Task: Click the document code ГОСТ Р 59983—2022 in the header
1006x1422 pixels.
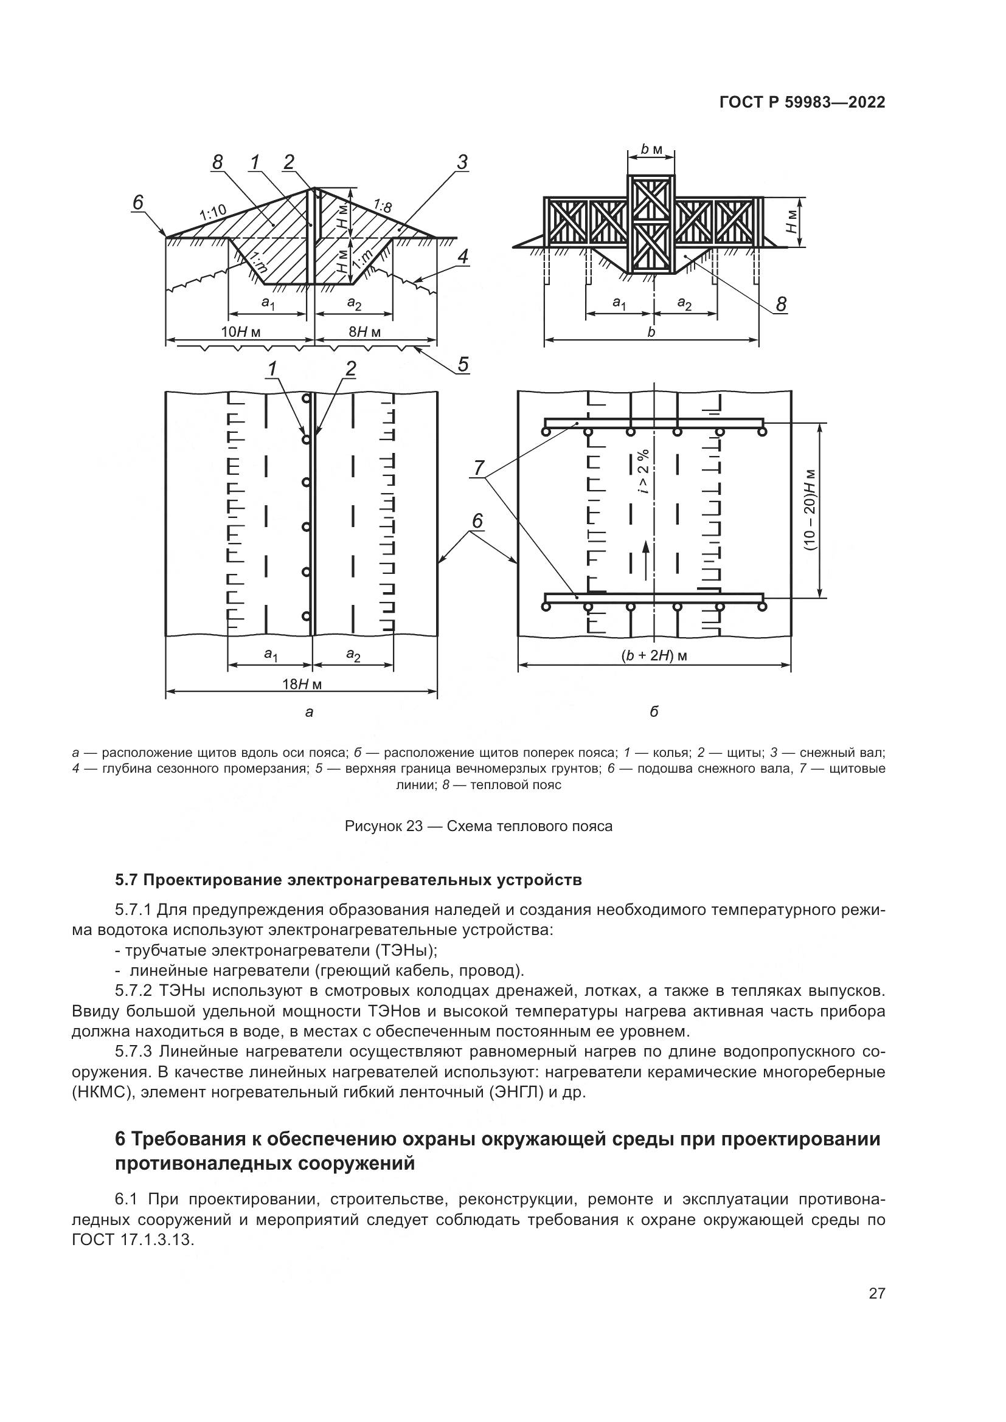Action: pyautogui.click(x=802, y=103)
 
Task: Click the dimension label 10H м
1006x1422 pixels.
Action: pyautogui.click(x=241, y=333)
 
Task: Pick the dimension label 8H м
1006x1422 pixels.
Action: pyautogui.click(x=364, y=333)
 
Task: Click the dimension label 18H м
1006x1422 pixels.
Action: pyautogui.click(x=302, y=685)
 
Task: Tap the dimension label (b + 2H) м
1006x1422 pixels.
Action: pyautogui.click(x=655, y=656)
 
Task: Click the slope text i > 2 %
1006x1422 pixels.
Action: pyautogui.click(x=644, y=471)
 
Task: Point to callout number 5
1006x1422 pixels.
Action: pyautogui.click(x=463, y=365)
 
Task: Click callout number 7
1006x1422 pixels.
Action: pyautogui.click(x=479, y=469)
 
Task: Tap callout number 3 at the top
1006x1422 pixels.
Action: pyautogui.click(x=462, y=162)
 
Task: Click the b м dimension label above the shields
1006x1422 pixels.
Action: pyautogui.click(x=651, y=150)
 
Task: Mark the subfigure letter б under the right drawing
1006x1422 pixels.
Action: pyautogui.click(x=654, y=712)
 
